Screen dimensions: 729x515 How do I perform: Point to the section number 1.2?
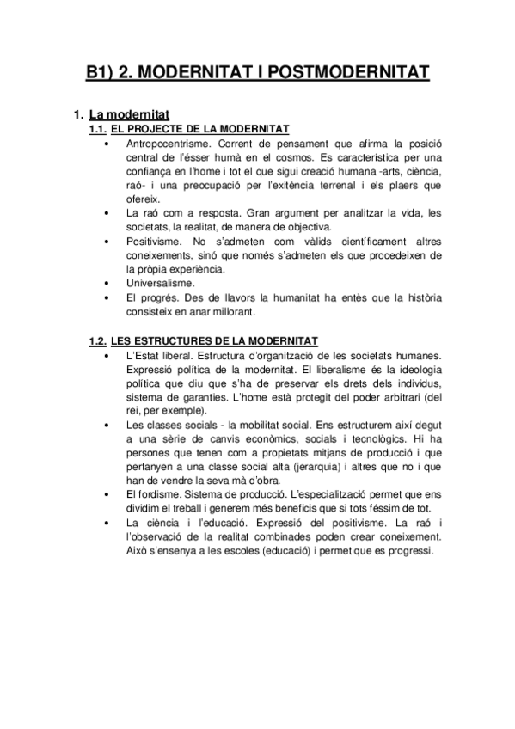100,341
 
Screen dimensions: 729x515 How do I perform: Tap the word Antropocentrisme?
168,142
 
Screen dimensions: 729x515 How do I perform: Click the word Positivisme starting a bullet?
154,240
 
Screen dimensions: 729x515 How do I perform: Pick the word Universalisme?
159,282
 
